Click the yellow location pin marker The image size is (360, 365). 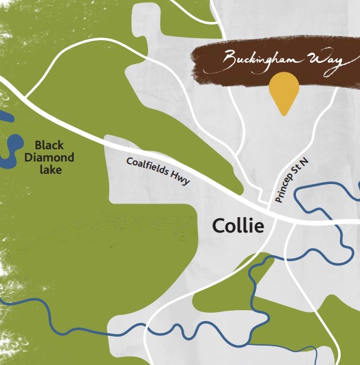point(284,90)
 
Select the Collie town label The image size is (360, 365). point(238,226)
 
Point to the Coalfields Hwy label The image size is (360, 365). point(158,171)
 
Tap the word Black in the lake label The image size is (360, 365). point(50,145)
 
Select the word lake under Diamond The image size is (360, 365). point(50,169)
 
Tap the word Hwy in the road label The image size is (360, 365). point(181,180)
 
